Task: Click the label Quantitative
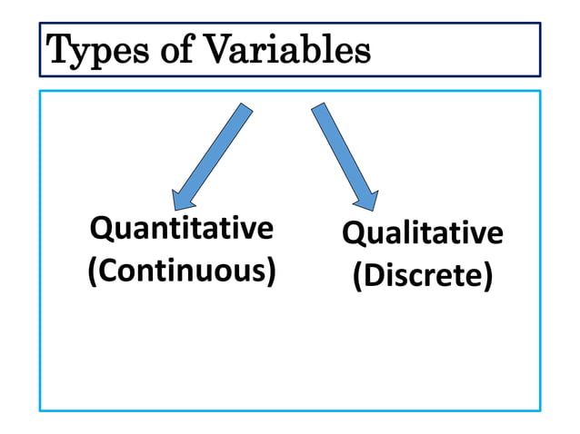tap(181, 228)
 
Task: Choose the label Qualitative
tap(422, 233)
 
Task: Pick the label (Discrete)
tap(422, 275)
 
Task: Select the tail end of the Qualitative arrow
tap(319, 108)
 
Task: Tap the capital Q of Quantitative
tap(101, 228)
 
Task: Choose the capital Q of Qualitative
tap(353, 233)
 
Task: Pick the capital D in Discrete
tap(372, 275)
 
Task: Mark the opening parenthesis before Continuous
tap(92, 271)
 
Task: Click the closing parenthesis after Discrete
tap(489, 276)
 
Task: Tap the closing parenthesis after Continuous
tap(271, 271)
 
